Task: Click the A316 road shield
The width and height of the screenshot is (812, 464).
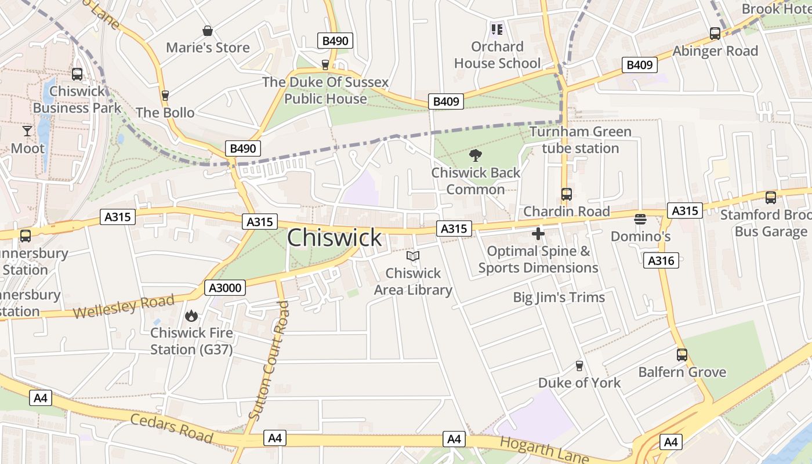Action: tap(661, 260)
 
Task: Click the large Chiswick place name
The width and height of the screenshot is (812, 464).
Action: tap(335, 238)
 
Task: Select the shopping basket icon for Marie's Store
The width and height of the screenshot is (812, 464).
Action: tap(207, 31)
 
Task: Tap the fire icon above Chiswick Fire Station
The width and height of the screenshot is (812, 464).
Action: tap(191, 316)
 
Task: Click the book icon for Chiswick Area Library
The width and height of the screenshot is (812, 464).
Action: tap(412, 256)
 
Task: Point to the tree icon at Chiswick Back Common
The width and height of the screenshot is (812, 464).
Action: tap(476, 155)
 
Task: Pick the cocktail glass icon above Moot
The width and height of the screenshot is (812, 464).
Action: tap(27, 131)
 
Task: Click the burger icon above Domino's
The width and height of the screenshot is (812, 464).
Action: tap(640, 219)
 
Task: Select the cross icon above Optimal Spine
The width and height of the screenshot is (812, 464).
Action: tap(538, 234)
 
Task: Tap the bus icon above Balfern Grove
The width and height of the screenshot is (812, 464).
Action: tap(682, 354)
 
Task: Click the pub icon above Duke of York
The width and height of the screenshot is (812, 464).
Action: tap(578, 365)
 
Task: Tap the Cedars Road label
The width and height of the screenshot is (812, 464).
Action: tap(172, 428)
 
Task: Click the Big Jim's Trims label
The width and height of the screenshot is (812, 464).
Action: tap(559, 298)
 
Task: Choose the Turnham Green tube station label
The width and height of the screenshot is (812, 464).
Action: tap(580, 140)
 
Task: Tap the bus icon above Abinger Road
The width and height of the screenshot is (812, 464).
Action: tap(715, 34)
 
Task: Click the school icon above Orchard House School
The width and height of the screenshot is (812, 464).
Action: tap(496, 29)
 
